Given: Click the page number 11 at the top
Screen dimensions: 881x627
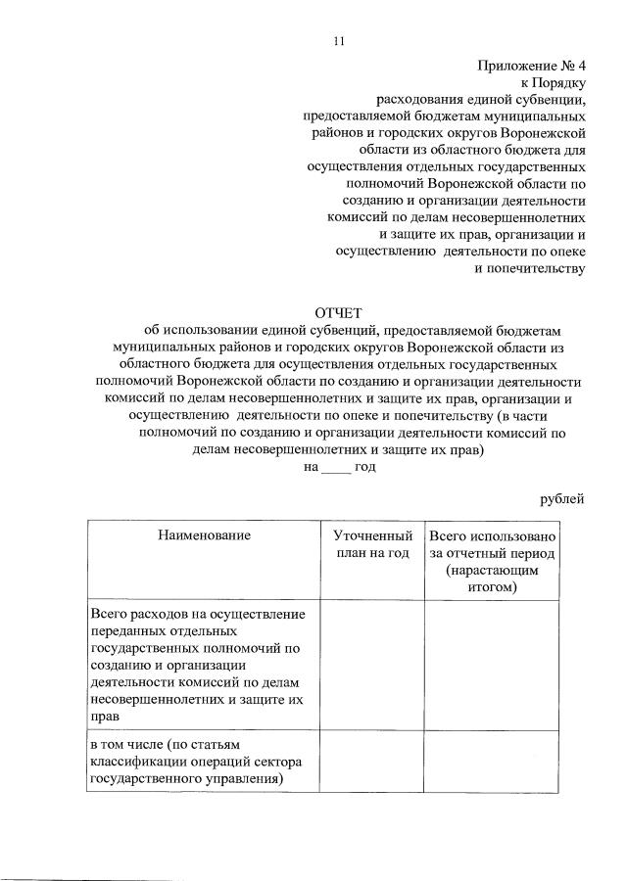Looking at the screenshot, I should pyautogui.click(x=339, y=41).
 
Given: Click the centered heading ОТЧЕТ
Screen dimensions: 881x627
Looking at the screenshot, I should pyautogui.click(x=338, y=312).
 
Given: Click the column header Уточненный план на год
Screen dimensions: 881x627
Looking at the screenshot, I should pyautogui.click(x=371, y=544).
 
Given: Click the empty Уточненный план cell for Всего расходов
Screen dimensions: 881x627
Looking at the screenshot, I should pyautogui.click(x=371, y=665).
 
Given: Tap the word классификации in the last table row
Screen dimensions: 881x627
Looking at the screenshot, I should pyautogui.click(x=137, y=763).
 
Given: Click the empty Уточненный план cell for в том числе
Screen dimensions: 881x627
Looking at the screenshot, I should pyautogui.click(x=371, y=763).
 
